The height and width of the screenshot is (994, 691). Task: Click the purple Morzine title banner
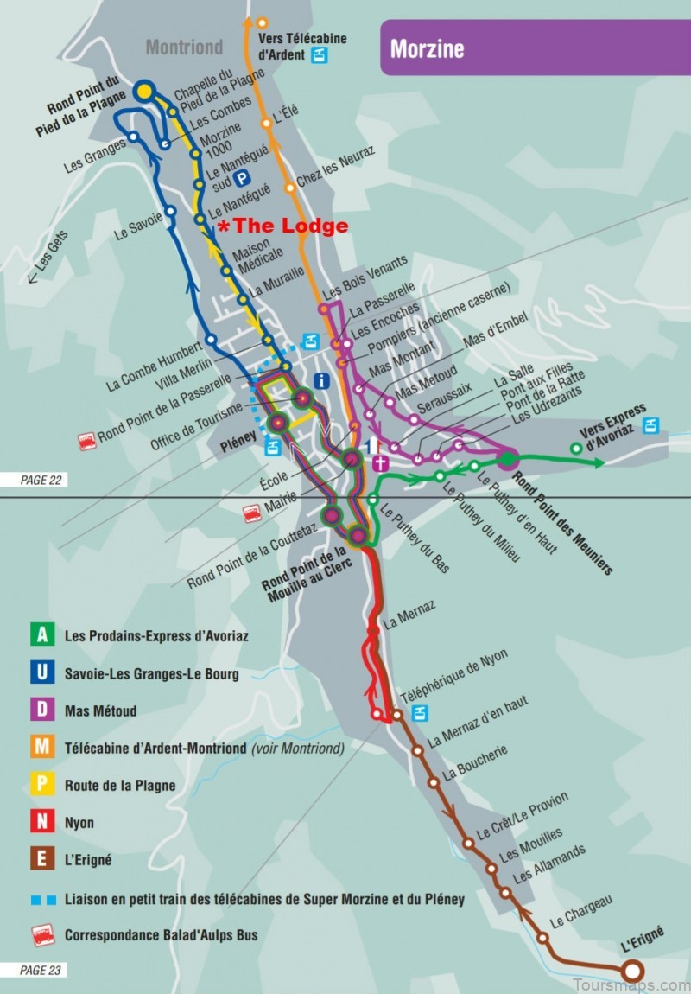(x=536, y=48)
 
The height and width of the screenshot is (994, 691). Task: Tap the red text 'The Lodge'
(x=288, y=226)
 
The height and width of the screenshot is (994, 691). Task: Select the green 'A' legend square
(x=41, y=635)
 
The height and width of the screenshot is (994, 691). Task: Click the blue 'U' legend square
(x=41, y=672)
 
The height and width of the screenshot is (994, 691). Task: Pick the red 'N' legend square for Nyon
(x=41, y=823)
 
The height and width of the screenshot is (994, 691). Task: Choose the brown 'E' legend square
(x=41, y=860)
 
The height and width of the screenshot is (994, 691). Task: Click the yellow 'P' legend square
(x=41, y=785)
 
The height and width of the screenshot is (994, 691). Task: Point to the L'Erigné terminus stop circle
(x=633, y=971)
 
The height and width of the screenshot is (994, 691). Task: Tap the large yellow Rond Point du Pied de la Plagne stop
(x=144, y=91)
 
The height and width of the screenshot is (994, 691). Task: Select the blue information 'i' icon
(x=322, y=379)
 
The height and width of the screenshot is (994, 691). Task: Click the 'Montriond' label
(x=184, y=47)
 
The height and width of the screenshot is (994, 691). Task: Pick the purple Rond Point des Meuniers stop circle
(x=507, y=459)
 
